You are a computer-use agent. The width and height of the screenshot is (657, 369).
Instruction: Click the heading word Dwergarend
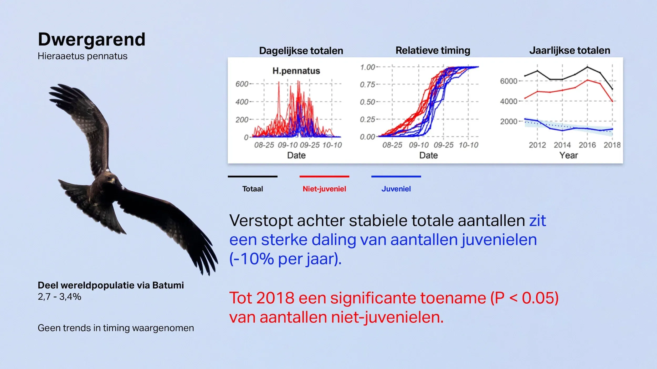[x=91, y=39]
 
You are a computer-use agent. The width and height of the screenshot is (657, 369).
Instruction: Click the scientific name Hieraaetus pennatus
[x=83, y=56]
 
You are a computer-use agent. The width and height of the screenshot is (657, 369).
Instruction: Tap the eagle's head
[x=108, y=179]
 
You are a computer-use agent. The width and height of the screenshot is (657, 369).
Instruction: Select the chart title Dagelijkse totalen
[x=301, y=51]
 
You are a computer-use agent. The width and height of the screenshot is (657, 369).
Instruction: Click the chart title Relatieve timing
[x=433, y=50]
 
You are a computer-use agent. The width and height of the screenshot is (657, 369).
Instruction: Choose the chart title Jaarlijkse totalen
[x=569, y=50]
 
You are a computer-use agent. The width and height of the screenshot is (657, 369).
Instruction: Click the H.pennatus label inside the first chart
[x=296, y=71]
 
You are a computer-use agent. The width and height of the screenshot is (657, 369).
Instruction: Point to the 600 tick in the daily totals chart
[x=242, y=84]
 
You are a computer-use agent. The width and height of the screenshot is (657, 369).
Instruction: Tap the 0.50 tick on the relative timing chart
[x=367, y=102]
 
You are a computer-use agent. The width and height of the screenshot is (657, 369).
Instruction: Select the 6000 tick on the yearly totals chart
[x=509, y=81]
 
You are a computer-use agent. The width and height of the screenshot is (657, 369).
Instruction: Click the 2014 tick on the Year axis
[x=562, y=145]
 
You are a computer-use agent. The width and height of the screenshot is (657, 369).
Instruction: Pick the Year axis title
[x=568, y=155]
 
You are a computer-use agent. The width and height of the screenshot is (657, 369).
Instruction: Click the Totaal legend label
[x=253, y=189]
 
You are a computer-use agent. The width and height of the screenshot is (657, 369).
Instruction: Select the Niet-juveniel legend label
[x=324, y=189]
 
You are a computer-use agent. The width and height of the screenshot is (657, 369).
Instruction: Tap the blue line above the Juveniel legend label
[x=396, y=177]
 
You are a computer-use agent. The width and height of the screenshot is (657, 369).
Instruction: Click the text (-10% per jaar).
[x=285, y=259]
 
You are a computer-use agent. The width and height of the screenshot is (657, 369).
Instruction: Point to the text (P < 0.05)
[x=524, y=298]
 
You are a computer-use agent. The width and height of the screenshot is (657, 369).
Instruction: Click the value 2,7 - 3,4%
[x=59, y=297]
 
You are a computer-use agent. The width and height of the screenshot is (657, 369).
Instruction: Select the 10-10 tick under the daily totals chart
[x=332, y=145]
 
